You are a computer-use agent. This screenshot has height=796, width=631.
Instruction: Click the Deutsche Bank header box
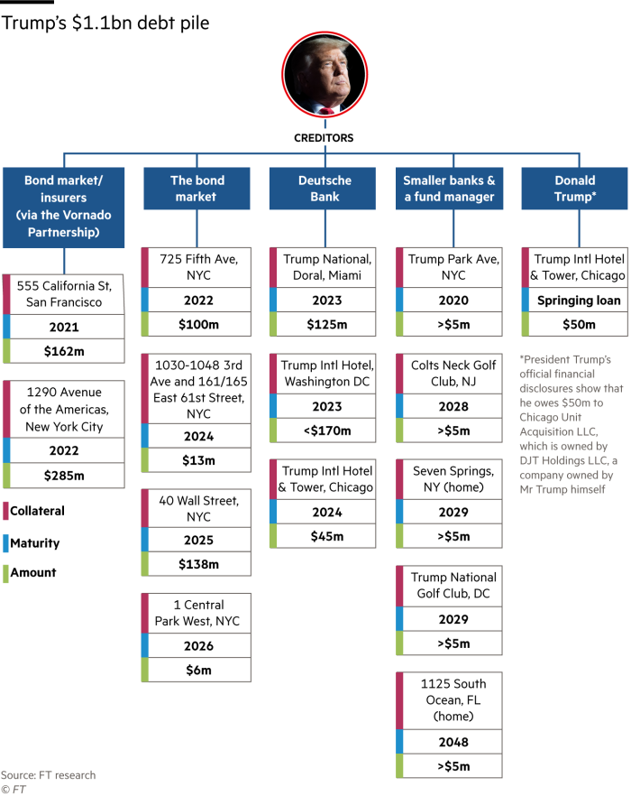click(323, 189)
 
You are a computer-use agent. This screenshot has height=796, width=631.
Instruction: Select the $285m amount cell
click(64, 475)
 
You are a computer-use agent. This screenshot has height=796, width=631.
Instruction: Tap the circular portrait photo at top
click(325, 75)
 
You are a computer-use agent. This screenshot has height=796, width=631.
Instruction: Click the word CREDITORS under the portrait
click(324, 138)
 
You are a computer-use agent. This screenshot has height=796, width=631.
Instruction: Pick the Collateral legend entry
click(34, 511)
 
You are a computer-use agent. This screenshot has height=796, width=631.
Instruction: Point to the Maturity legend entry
click(32, 543)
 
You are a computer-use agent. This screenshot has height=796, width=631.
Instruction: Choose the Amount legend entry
click(30, 572)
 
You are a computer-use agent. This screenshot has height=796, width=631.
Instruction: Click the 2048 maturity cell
click(450, 742)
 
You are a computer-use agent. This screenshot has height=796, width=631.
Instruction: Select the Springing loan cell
click(575, 300)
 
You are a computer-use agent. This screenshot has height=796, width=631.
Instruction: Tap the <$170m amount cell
click(323, 430)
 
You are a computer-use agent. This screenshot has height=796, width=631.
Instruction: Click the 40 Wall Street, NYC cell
click(197, 508)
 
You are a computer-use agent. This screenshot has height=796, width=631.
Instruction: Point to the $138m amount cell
click(197, 564)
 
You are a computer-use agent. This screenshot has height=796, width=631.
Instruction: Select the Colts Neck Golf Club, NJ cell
click(450, 374)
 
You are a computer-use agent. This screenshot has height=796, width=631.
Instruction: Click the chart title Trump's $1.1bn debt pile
click(105, 23)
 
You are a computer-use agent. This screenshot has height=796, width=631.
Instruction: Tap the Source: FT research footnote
click(48, 775)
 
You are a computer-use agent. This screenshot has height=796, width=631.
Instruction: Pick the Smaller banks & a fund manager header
click(450, 189)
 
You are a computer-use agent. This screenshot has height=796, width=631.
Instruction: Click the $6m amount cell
click(197, 670)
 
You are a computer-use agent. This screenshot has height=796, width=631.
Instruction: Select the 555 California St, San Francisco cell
click(64, 294)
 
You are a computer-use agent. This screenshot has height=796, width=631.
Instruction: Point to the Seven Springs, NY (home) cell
click(450, 479)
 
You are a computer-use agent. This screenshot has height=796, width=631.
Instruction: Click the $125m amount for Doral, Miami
click(323, 324)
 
